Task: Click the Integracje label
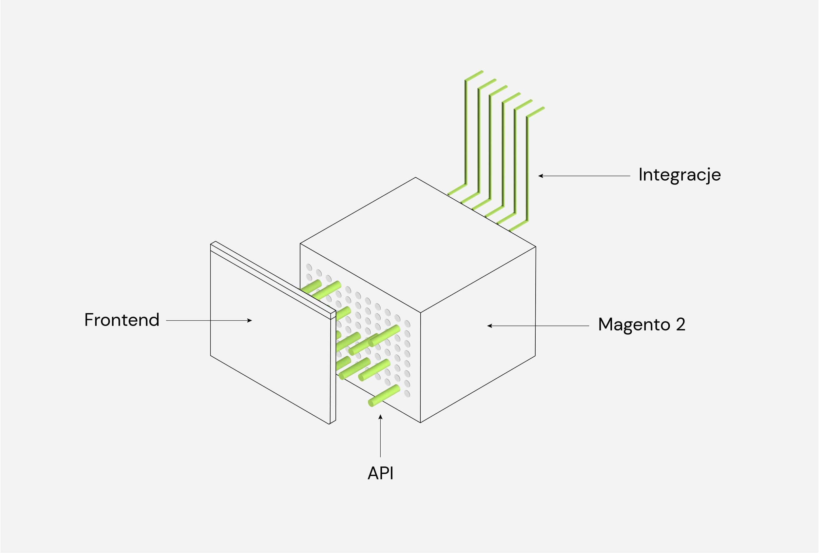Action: point(679,175)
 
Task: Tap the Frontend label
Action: point(122,320)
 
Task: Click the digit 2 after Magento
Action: point(680,324)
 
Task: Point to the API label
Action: point(380,473)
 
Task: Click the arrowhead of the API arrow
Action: point(380,417)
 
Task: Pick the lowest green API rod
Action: point(384,395)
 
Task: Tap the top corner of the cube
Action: point(415,177)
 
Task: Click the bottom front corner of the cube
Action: point(420,422)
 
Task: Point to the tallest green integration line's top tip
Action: point(482,71)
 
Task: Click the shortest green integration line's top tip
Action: point(544,108)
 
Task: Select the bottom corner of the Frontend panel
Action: point(329,424)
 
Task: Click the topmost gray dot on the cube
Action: point(309,267)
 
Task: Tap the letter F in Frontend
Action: point(89,320)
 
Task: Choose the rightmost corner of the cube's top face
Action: point(536,247)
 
